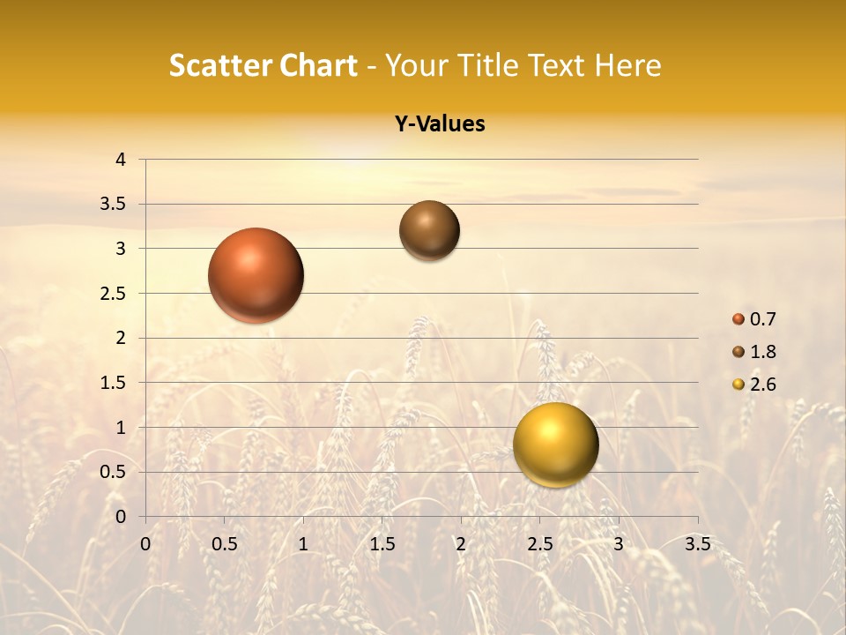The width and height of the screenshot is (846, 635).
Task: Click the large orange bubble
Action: coord(256,275)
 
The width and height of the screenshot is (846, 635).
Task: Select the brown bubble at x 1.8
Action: coord(429,230)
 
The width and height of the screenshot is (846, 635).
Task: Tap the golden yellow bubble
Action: coord(555,444)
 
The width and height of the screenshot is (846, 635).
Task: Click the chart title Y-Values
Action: coord(440,124)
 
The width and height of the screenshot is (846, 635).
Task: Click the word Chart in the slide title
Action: coord(317,65)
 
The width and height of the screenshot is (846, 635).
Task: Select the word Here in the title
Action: coord(627,65)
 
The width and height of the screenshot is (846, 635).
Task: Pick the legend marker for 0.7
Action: coord(738,319)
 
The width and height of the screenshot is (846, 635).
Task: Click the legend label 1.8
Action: coord(763,352)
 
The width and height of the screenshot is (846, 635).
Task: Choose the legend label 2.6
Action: coord(763,385)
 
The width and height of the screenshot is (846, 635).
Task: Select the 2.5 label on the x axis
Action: coord(539,544)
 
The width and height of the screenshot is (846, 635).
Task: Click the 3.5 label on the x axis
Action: coord(697,544)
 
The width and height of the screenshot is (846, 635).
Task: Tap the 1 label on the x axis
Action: coord(303,544)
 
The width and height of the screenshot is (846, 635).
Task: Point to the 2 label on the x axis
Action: coord(461,544)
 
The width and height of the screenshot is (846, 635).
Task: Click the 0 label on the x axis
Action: coord(145,544)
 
